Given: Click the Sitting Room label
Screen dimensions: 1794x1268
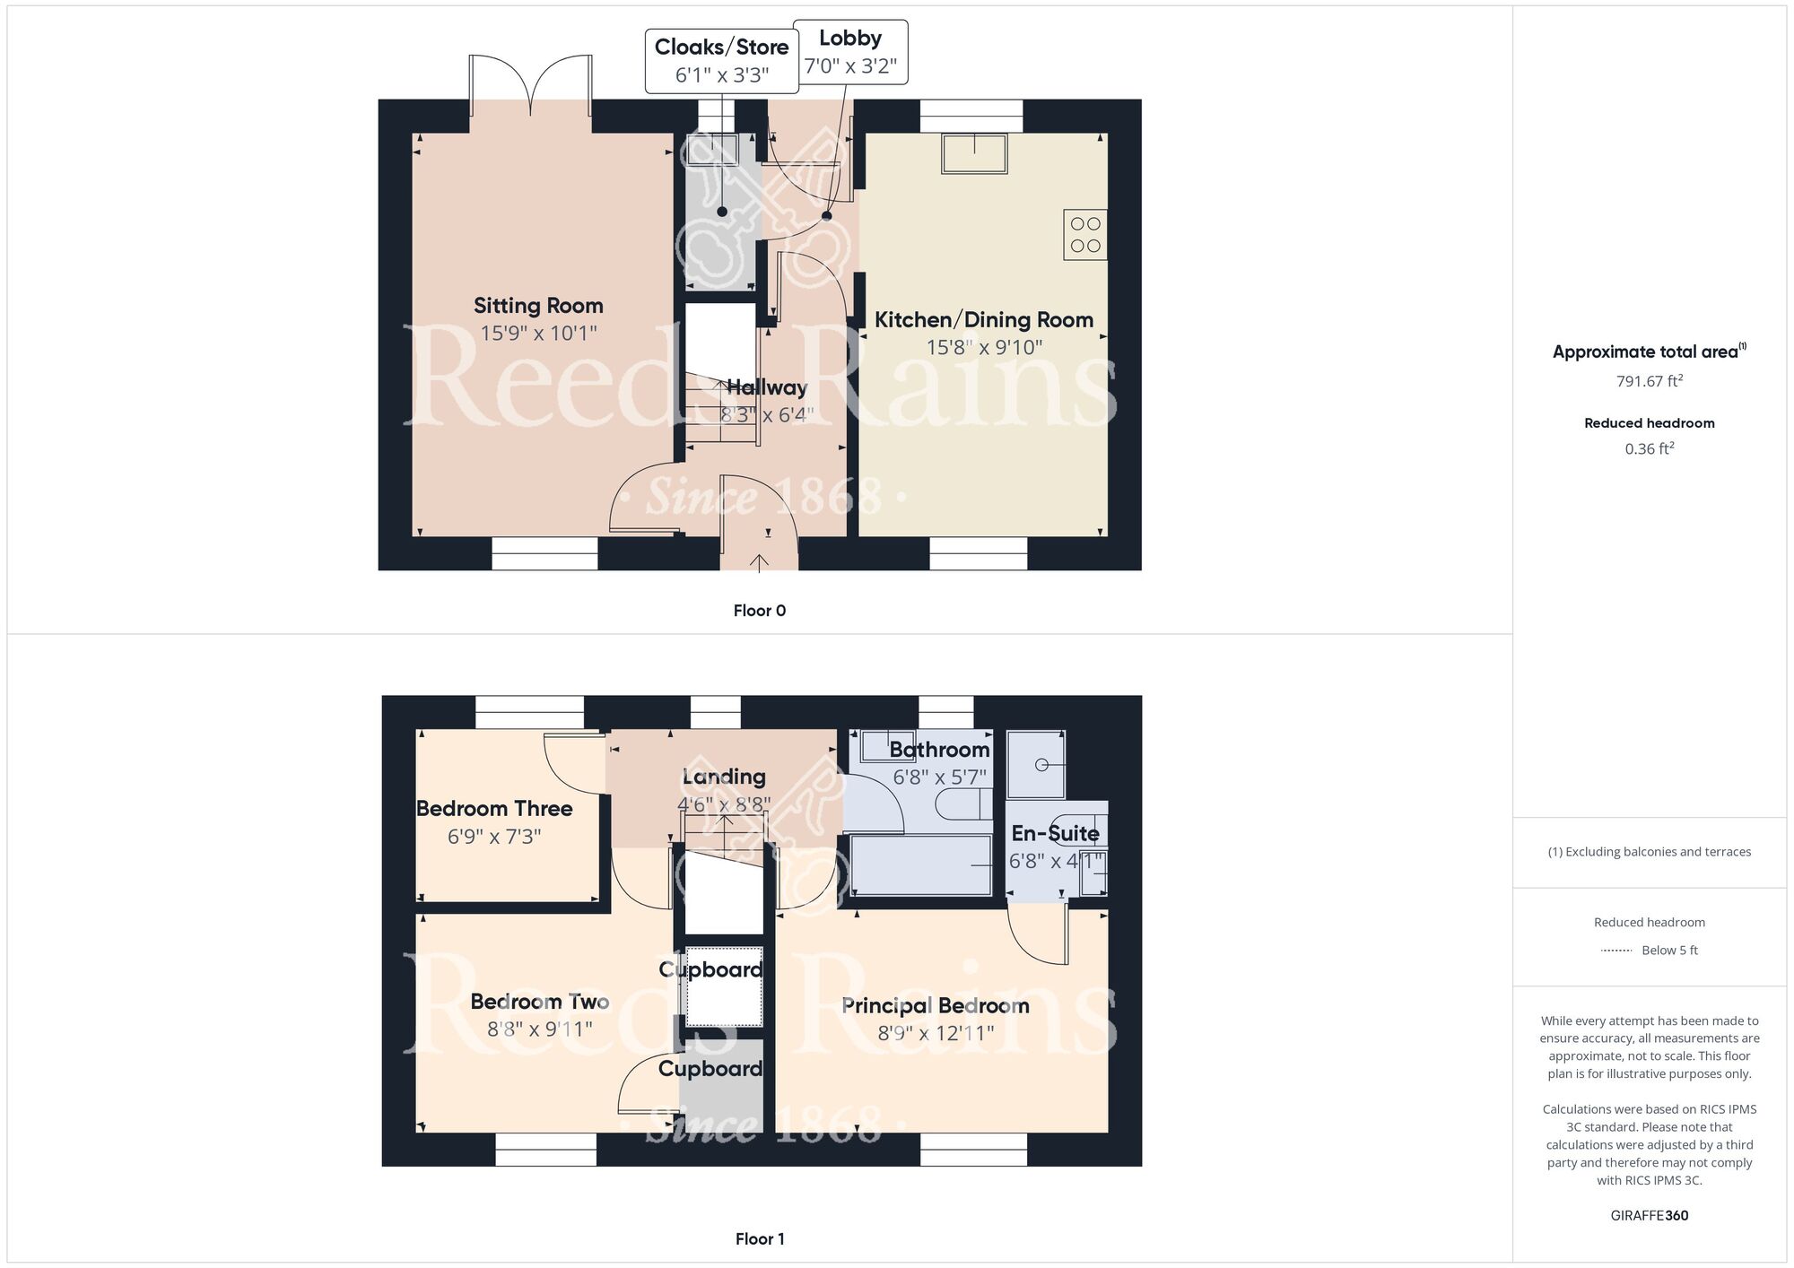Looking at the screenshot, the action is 538,306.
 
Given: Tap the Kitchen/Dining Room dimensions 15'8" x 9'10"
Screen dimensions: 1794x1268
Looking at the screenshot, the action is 984,347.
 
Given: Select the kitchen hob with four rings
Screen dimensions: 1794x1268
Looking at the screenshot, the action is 1085,235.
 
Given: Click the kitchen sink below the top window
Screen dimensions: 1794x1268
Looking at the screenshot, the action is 974,153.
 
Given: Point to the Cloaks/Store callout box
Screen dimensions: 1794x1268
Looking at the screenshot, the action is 722,60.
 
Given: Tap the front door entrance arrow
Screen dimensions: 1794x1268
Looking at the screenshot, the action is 759,562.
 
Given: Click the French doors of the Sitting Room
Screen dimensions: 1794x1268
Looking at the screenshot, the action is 530,85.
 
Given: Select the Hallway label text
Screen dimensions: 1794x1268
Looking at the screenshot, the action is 767,387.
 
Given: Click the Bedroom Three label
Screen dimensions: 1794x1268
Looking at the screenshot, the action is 494,809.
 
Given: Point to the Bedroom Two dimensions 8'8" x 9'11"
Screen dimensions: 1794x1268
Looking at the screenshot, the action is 540,1029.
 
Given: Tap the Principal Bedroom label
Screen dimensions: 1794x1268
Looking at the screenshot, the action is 936,1005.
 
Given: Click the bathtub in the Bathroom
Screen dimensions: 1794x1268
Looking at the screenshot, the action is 920,865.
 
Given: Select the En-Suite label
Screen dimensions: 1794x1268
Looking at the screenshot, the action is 1056,833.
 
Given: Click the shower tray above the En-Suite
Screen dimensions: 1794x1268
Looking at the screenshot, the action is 1036,765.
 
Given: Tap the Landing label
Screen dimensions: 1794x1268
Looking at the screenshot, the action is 724,777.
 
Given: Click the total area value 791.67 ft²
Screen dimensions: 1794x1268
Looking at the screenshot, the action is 1650,381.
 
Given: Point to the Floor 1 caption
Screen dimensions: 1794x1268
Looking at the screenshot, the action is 760,1239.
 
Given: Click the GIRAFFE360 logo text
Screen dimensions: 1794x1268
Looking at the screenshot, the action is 1650,1216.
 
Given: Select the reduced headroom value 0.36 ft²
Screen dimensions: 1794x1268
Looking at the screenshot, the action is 1650,448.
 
